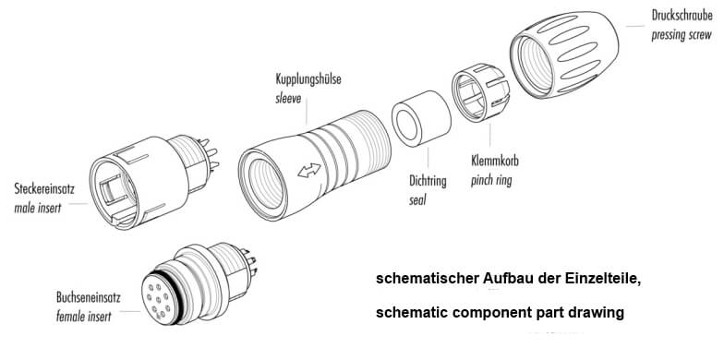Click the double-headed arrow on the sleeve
click(309, 170)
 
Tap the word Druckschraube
click(682, 15)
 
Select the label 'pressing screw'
click(682, 35)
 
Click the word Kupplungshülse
click(308, 79)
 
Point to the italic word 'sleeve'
click(288, 98)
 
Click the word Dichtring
click(428, 180)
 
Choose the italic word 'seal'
click(417, 200)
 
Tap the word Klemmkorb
click(495, 161)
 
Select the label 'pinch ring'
click(491, 181)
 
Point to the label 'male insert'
click(37, 209)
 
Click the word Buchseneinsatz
click(89, 297)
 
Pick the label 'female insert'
click(83, 318)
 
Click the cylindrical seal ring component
click(421, 118)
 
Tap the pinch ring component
click(480, 92)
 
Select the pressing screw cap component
click(564, 54)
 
